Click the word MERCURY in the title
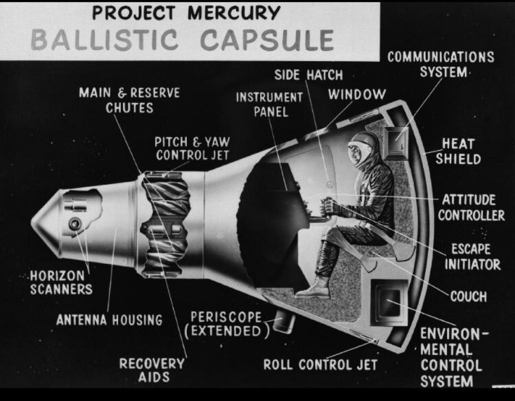233,13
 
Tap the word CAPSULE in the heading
267,40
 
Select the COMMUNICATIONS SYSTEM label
441,64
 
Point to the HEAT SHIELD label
458,152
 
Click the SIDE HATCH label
309,75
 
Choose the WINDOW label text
357,95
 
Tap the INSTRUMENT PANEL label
270,105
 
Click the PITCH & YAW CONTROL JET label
193,148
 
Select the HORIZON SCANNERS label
61,283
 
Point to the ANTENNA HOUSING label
110,320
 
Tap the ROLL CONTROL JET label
321,365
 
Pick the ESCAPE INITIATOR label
472,257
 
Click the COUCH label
469,296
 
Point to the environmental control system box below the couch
389,302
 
